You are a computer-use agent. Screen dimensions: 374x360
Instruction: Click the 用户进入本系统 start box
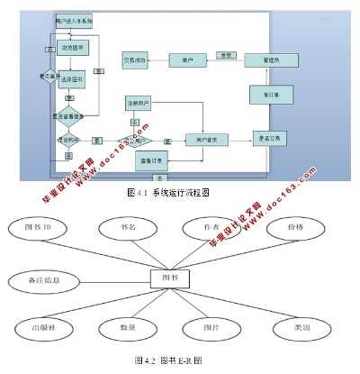tap(73, 19)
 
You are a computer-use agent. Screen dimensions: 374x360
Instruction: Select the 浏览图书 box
tap(74, 47)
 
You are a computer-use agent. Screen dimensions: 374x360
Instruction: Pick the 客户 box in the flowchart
tap(188, 60)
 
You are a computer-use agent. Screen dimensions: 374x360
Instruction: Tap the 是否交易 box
tap(271, 138)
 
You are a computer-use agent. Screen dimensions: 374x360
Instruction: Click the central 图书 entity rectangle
tap(169, 279)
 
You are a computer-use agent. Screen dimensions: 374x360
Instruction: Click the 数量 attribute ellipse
tap(126, 326)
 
